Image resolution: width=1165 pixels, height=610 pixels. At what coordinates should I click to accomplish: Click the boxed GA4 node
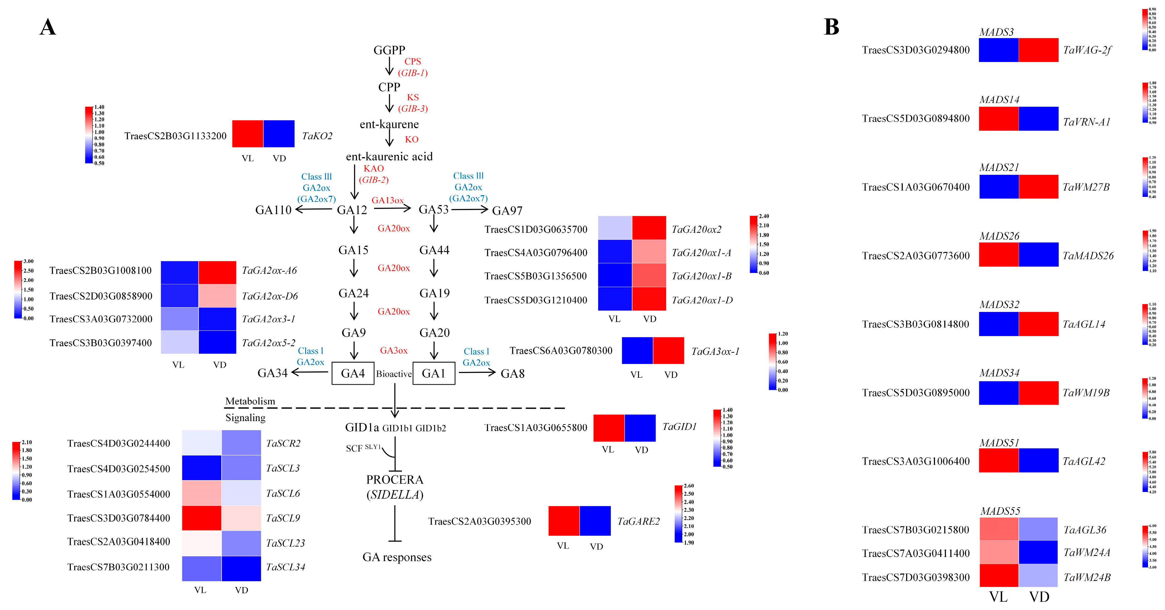pyautogui.click(x=353, y=373)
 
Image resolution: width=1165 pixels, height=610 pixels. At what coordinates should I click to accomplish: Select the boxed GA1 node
pyautogui.click(x=434, y=373)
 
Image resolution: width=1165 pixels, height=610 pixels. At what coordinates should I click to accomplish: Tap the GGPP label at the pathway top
pyautogui.click(x=389, y=50)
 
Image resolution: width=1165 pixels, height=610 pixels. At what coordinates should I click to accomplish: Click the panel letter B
pyautogui.click(x=831, y=27)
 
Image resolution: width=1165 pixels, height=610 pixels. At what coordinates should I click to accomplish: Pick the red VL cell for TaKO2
pyautogui.click(x=247, y=134)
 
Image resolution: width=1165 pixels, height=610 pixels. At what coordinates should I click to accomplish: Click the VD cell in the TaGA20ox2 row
pyautogui.click(x=649, y=228)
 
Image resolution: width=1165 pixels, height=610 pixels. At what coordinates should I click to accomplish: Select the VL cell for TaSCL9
pyautogui.click(x=202, y=518)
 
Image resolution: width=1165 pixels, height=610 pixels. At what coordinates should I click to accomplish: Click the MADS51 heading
pyautogui.click(x=1000, y=443)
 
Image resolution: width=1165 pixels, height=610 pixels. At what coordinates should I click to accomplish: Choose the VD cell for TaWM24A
pyautogui.click(x=1038, y=552)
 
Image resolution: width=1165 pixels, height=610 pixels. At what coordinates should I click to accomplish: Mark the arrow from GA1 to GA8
pyautogui.click(x=477, y=372)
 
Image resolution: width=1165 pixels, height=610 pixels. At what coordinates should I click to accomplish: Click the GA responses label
pyautogui.click(x=397, y=557)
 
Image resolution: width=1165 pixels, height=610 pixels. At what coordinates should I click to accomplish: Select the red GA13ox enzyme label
pyautogui.click(x=387, y=200)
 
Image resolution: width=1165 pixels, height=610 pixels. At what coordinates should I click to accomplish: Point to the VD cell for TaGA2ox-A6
pyautogui.click(x=217, y=272)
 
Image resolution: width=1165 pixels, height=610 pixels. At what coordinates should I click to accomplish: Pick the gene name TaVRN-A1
pyautogui.click(x=1086, y=122)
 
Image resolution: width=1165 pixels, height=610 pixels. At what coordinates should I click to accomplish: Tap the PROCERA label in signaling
pyautogui.click(x=394, y=479)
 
